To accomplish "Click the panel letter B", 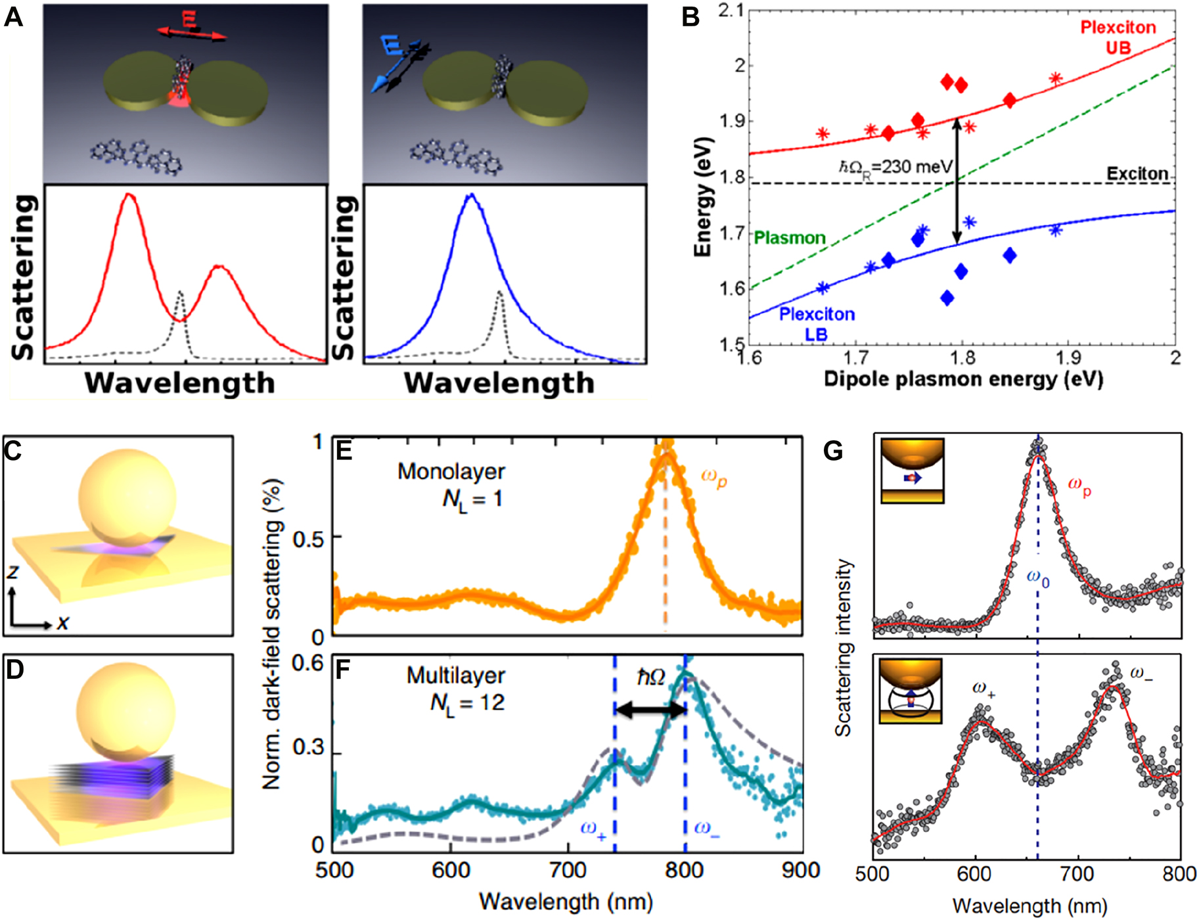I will [x=690, y=17].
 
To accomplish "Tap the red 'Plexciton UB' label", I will [x=1118, y=37].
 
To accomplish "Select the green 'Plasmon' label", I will [x=789, y=238].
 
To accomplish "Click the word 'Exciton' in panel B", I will [x=1137, y=173].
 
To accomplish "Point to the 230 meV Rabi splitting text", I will [x=895, y=167].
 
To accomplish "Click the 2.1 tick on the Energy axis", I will [x=731, y=11].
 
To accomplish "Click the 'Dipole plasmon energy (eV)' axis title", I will [x=963, y=379].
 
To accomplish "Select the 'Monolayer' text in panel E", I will [x=451, y=471].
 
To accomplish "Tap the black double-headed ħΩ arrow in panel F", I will [x=650, y=709].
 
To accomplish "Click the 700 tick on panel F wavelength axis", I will [x=567, y=871].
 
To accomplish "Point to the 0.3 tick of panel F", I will [x=308, y=748].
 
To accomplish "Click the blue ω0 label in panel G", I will [x=1038, y=579].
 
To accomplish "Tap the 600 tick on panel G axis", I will [x=975, y=875].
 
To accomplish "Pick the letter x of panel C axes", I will [x=62, y=622].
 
